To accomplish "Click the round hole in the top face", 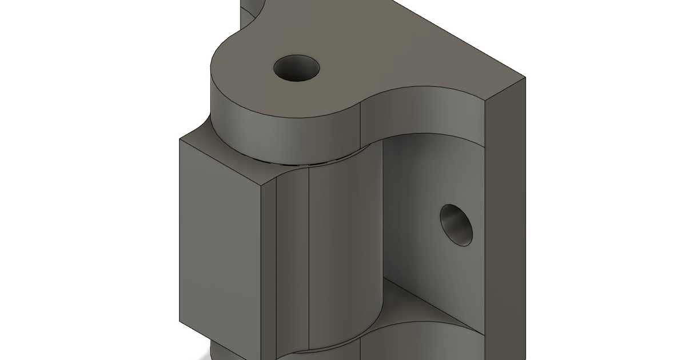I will (x=296, y=69).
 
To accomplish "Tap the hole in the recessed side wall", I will (x=457, y=225).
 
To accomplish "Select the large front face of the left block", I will (x=220, y=246).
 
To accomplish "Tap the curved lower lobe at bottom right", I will (x=423, y=343).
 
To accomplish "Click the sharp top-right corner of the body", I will (x=525, y=76).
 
